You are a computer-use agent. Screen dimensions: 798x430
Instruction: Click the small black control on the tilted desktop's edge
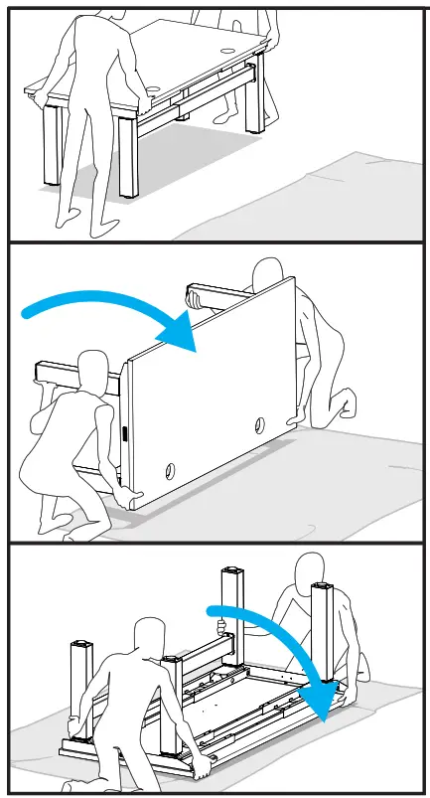(x=126, y=434)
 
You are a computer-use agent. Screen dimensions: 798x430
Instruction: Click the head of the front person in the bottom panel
(x=151, y=635)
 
